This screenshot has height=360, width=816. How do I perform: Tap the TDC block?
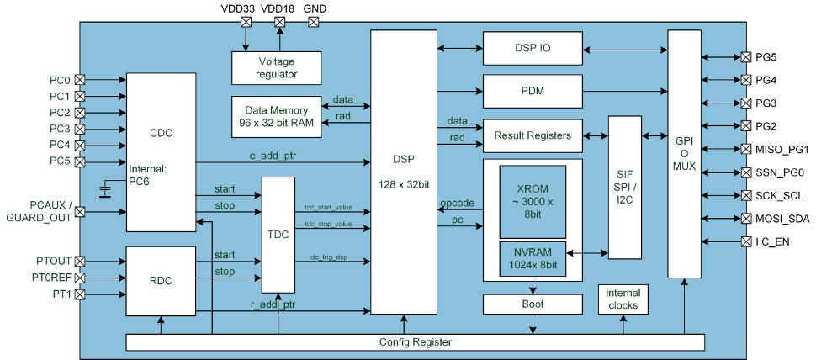tap(278, 234)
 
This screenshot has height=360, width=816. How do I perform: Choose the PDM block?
tap(533, 90)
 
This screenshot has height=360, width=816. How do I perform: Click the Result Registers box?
tap(533, 135)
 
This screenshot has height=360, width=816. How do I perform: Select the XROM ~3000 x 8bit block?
tap(533, 201)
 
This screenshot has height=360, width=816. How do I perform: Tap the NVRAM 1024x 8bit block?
tap(533, 255)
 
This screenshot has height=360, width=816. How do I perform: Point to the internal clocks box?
tap(622, 299)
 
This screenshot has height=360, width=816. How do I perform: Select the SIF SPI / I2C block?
tap(624, 187)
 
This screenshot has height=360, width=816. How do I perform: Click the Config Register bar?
tap(415, 342)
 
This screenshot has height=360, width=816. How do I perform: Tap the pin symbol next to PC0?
tap(81, 80)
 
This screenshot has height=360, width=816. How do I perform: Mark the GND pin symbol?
tap(314, 22)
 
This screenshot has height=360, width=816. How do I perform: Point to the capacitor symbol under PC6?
tap(103, 193)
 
